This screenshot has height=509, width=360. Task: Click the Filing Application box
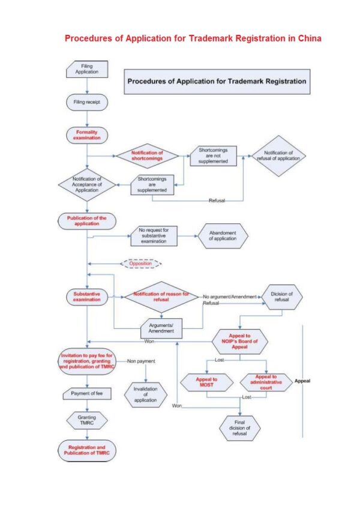[87, 69]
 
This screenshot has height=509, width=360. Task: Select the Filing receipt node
[87, 102]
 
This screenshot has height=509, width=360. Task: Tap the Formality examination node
[87, 135]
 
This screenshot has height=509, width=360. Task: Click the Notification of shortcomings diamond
[147, 156]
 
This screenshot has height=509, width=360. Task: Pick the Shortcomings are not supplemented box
[213, 156]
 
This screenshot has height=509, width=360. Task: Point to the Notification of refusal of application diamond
[278, 156]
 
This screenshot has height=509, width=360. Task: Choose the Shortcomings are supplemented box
[152, 185]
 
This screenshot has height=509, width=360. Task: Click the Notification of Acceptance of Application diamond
[87, 185]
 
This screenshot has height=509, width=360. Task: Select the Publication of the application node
[87, 221]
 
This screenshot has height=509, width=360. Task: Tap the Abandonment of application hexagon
[223, 236]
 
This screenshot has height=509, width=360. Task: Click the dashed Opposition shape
[140, 264]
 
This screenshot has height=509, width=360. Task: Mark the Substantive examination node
[87, 297]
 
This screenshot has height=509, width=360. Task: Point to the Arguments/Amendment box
[161, 328]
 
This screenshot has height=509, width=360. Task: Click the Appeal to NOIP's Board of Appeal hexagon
[240, 342]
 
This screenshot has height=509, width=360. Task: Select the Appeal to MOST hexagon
[207, 382]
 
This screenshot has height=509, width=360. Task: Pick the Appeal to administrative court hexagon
[266, 382]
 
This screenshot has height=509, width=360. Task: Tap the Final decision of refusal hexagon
[240, 428]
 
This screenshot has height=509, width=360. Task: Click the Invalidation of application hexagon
[146, 395]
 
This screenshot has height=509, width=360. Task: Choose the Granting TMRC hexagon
[87, 420]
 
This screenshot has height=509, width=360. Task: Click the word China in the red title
[310, 38]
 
